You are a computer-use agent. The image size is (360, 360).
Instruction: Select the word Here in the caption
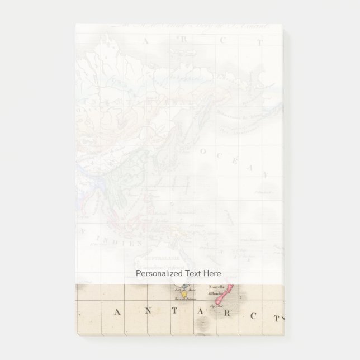click(x=214, y=273)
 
